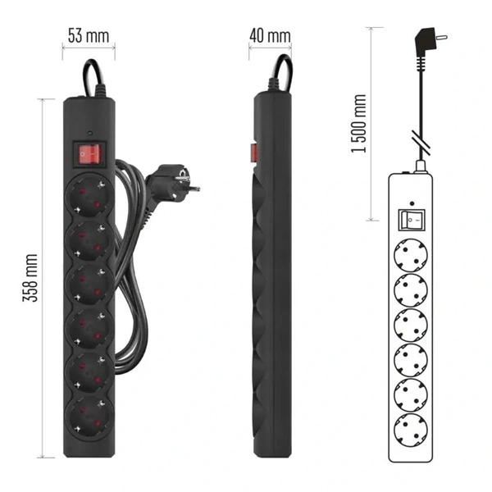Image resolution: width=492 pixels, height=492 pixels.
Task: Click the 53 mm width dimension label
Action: [89, 36]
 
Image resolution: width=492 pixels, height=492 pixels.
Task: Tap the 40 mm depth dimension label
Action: [270, 36]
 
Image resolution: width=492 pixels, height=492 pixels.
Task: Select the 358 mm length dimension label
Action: [30, 278]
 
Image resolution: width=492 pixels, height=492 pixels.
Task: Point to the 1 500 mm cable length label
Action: [358, 124]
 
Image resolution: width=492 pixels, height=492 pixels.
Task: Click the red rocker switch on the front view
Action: [90, 154]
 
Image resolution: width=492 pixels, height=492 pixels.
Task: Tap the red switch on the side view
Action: [254, 153]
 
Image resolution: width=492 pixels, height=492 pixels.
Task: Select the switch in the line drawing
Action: [412, 220]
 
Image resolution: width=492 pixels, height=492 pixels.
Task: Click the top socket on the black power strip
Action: [89, 195]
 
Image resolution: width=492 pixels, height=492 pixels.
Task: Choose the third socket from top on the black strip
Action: [89, 285]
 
